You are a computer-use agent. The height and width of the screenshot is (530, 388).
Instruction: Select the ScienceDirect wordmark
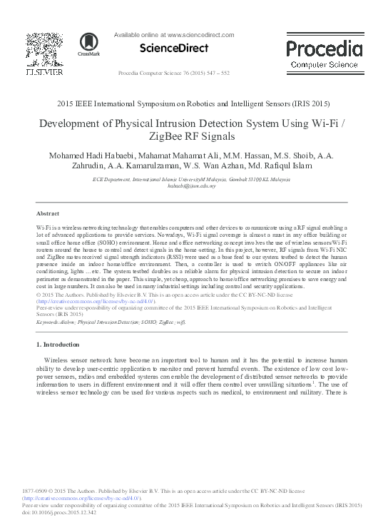(x=174, y=49)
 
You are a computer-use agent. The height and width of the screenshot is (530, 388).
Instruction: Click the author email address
(x=193, y=185)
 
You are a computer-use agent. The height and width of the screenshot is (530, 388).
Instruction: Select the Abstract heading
(x=47, y=214)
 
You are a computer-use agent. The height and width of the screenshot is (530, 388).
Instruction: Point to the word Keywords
(x=48, y=322)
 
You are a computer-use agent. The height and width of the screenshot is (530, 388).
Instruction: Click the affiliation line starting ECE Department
(x=193, y=179)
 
